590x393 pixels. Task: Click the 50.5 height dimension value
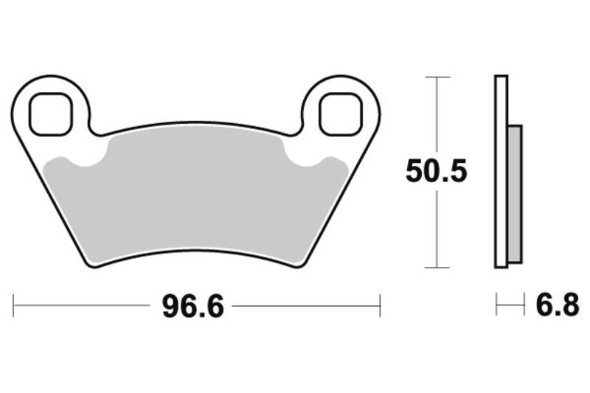[437, 173]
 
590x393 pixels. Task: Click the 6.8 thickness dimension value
[558, 305]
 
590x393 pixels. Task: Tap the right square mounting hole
[341, 114]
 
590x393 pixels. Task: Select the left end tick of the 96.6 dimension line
[14, 305]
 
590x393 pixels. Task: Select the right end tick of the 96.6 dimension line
[380, 305]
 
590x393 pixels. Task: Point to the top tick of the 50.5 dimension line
[438, 77]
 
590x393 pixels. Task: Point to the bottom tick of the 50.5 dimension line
[438, 268]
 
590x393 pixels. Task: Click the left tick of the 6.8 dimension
[496, 305]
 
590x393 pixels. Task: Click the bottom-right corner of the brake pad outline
[302, 264]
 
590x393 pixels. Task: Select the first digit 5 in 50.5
[415, 173]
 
